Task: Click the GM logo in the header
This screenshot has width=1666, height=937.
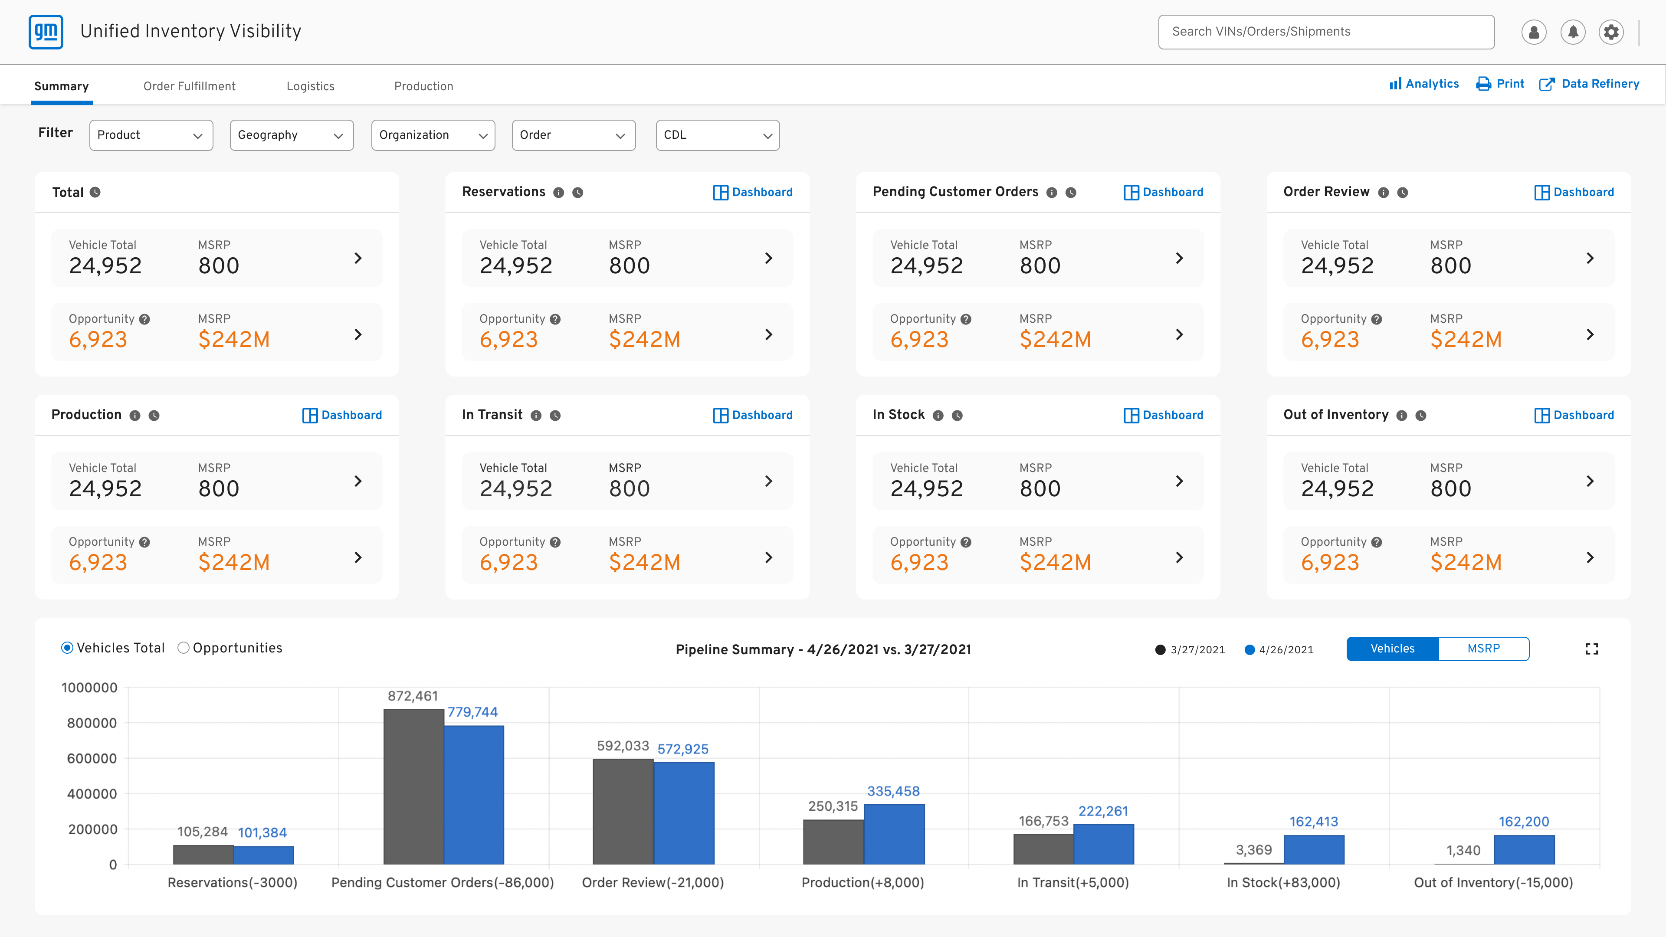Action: [46, 32]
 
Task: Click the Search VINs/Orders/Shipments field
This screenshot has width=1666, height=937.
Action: [1326, 32]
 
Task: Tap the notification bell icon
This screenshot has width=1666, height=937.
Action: [1572, 32]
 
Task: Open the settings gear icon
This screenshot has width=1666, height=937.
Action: [1611, 32]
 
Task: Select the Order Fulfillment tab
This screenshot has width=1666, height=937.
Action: [190, 86]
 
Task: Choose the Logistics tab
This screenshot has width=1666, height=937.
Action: [311, 86]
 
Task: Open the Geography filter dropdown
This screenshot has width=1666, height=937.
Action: [292, 135]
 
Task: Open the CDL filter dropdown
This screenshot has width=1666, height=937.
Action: [717, 135]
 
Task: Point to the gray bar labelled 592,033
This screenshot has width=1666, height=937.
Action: [623, 812]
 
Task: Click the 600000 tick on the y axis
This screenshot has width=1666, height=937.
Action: [92, 759]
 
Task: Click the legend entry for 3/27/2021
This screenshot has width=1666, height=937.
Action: [1190, 650]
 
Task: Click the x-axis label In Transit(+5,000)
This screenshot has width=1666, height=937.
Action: [1073, 883]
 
